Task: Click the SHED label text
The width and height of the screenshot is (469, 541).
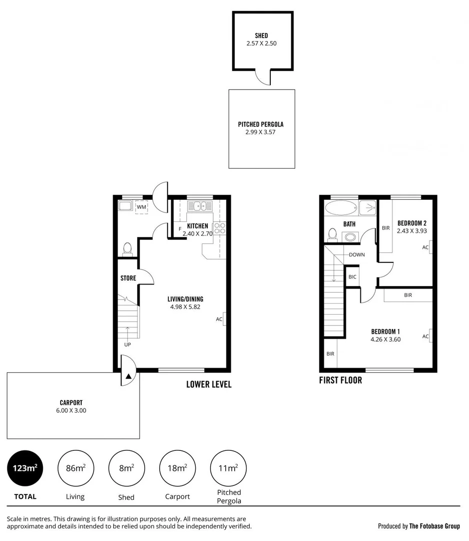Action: tap(261, 36)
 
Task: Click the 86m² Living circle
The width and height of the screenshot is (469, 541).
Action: tap(76, 468)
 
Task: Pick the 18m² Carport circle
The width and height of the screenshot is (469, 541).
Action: tap(177, 468)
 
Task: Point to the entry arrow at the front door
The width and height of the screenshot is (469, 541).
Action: tap(129, 376)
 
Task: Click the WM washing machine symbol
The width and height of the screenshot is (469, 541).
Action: tap(141, 207)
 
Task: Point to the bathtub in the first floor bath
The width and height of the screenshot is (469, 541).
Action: tap(340, 207)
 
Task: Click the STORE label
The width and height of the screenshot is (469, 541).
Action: tap(128, 278)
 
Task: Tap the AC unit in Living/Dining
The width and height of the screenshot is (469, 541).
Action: tap(224, 319)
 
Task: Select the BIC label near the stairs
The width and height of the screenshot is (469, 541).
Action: tap(352, 277)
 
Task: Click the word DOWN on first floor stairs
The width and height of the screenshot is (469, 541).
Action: tap(357, 254)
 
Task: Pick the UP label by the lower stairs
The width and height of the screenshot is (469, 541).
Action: tap(128, 345)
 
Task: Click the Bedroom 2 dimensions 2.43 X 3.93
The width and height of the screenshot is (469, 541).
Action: tap(411, 231)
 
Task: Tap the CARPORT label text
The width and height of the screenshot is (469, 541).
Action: tap(71, 402)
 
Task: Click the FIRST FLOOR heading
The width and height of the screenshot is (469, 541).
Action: tap(340, 380)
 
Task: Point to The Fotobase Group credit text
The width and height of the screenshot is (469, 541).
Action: tap(434, 526)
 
